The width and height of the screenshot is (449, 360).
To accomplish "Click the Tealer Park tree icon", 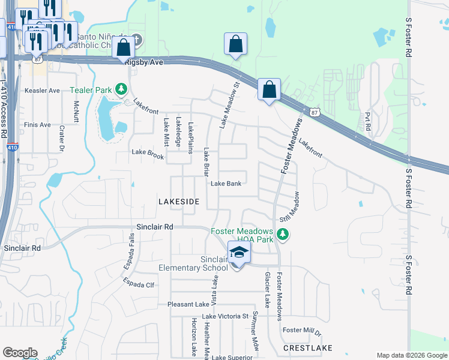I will (x=122, y=89).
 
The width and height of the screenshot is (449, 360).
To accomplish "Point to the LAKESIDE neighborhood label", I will (x=178, y=202).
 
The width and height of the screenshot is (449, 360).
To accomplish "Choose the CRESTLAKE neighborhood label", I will (x=307, y=348).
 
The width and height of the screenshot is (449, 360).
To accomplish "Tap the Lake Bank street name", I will (x=226, y=184).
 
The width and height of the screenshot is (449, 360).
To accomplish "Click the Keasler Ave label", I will (x=42, y=91).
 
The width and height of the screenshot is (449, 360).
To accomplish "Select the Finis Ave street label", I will (x=37, y=125).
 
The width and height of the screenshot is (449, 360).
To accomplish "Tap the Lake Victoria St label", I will (x=225, y=316).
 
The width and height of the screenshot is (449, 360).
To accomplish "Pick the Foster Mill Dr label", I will (x=303, y=330).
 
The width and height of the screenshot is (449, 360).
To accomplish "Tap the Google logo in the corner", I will (x=20, y=353).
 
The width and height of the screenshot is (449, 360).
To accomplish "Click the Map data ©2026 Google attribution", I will (x=412, y=355).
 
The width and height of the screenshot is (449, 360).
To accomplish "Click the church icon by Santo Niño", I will (x=136, y=41).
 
